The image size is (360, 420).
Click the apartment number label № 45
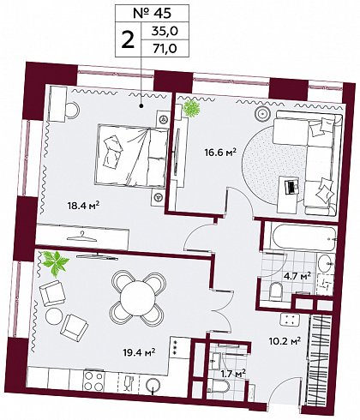pyautogui.click(x=152, y=14)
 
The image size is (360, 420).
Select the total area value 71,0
pyautogui.click(x=165, y=48)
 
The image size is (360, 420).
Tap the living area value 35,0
pyautogui.click(x=165, y=31)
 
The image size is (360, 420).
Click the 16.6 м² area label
pyautogui.click(x=220, y=153)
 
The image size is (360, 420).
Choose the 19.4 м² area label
pyautogui.click(x=139, y=352)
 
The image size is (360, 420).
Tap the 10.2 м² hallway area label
pyautogui.click(x=285, y=341)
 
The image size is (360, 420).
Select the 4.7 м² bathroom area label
pyautogui.click(x=297, y=277)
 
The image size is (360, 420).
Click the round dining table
pyautogui.click(x=139, y=297)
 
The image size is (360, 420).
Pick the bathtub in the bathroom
pyautogui.click(x=303, y=237)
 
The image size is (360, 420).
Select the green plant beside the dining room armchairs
pyautogui.click(x=55, y=263)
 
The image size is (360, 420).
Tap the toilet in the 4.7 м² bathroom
pyautogui.click(x=275, y=291)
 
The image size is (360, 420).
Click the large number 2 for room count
pyautogui.click(x=128, y=39)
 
